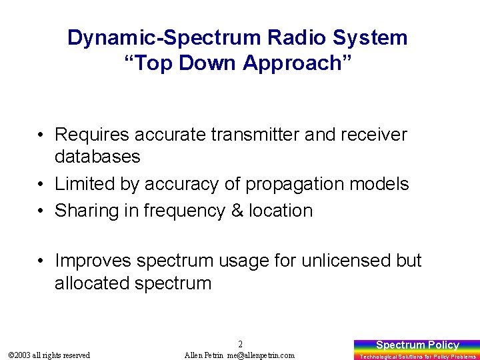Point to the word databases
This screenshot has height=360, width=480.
97,157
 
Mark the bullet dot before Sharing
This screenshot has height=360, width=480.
41,211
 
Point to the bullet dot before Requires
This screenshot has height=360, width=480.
41,134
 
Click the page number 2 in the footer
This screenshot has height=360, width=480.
240,345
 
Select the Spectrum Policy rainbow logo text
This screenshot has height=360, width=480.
417,345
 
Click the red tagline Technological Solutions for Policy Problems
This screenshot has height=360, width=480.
417,357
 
